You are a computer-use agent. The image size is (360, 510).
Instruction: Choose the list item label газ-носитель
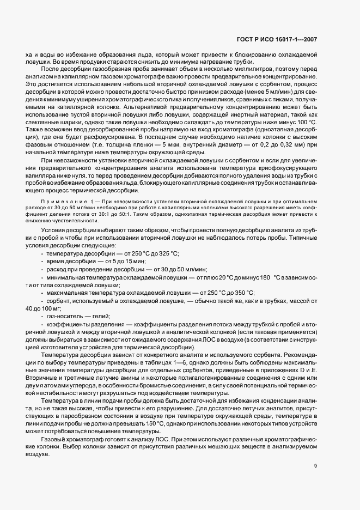pyautogui.click(x=64, y=315)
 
